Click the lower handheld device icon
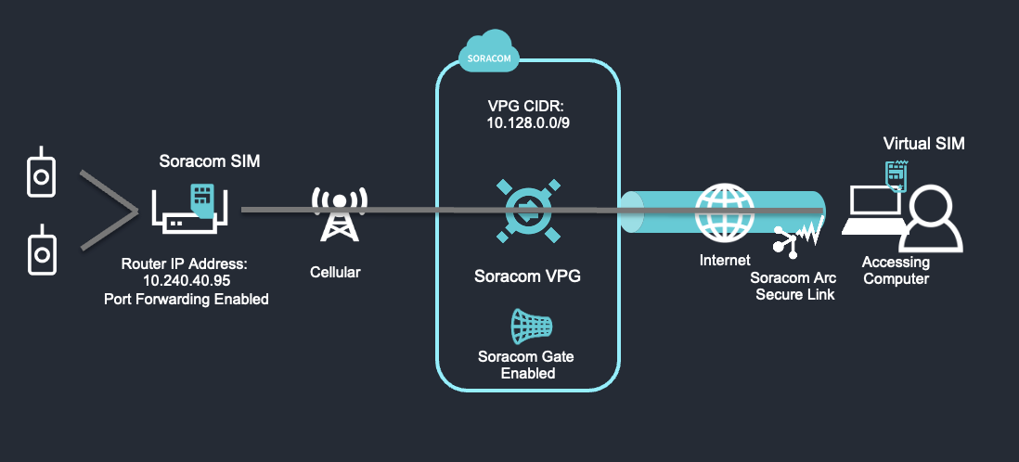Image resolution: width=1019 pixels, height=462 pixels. (x=39, y=250)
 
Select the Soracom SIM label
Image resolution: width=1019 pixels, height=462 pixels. (x=210, y=161)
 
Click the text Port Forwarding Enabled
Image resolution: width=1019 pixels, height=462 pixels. (x=187, y=299)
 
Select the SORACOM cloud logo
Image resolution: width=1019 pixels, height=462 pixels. (x=485, y=53)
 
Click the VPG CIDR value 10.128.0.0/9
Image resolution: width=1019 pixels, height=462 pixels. (x=527, y=122)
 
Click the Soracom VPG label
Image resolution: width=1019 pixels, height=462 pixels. (x=527, y=276)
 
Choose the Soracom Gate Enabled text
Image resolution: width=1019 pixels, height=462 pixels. (x=527, y=365)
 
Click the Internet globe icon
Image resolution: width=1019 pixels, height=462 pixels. (x=725, y=212)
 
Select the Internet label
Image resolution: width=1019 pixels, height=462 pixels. (x=725, y=261)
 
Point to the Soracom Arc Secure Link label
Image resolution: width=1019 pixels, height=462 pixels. (x=793, y=287)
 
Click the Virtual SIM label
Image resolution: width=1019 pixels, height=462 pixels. (x=923, y=144)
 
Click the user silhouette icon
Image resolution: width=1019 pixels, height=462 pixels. (x=936, y=221)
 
